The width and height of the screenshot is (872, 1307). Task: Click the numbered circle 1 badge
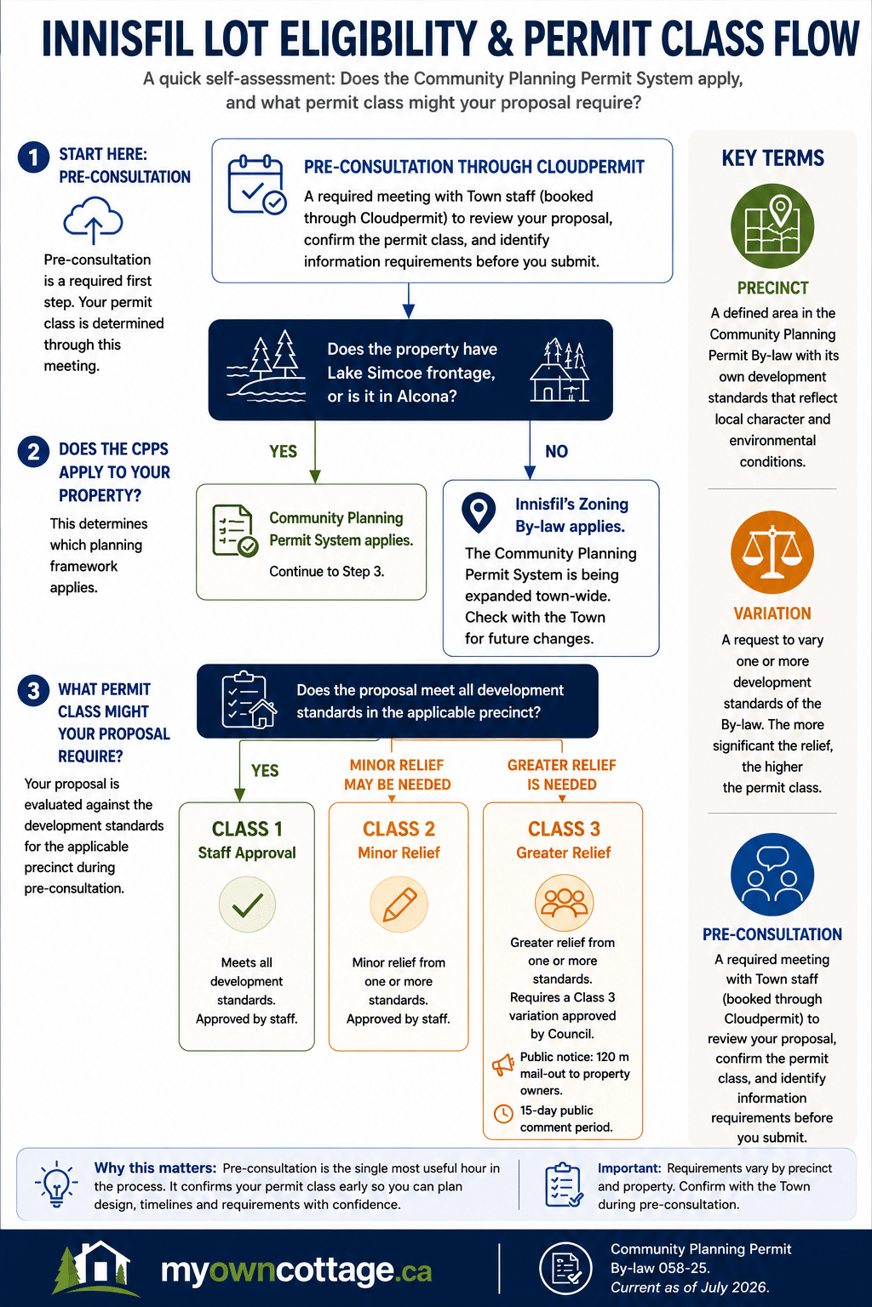tap(33, 157)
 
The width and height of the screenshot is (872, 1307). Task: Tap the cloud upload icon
tap(94, 220)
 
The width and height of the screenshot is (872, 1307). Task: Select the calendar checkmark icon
tap(257, 185)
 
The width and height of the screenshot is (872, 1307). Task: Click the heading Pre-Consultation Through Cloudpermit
tap(473, 167)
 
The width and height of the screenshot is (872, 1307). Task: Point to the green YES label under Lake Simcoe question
tap(284, 451)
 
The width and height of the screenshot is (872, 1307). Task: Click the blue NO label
tap(557, 451)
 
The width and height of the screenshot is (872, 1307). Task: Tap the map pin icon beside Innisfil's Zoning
tap(479, 513)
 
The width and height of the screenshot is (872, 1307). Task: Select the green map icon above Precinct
tap(772, 225)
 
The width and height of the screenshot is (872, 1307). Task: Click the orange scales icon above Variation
tap(772, 552)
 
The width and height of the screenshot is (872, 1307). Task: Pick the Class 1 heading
tap(247, 829)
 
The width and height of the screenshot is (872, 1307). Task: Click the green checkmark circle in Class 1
tap(247, 905)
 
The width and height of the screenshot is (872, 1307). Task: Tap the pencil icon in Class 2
tap(399, 905)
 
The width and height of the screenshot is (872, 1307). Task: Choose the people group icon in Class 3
tap(565, 903)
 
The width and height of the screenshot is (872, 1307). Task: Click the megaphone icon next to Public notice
tap(502, 1065)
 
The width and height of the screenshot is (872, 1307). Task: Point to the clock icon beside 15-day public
tap(503, 1113)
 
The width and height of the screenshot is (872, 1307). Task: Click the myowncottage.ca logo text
tap(296, 1270)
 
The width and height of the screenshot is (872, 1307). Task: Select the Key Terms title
tap(772, 158)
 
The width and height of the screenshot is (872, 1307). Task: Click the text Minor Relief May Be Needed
tap(397, 774)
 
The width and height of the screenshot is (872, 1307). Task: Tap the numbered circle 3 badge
tap(33, 690)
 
